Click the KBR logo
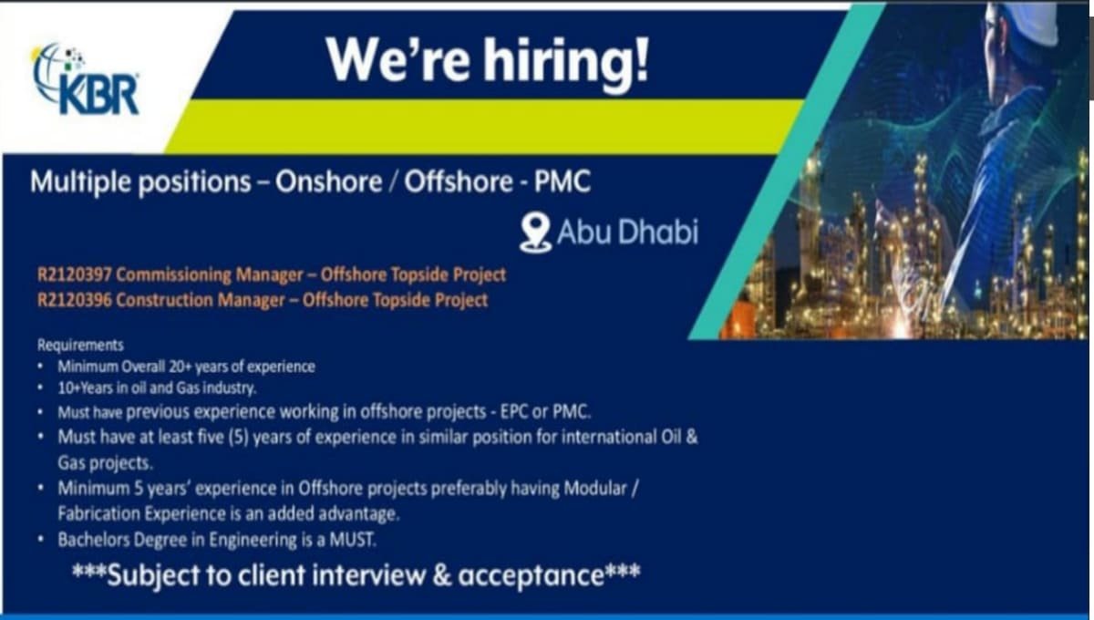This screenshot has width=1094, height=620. pyautogui.click(x=86, y=79)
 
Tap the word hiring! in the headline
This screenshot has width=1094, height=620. pyautogui.click(x=566, y=61)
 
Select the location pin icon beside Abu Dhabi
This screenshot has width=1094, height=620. pyautogui.click(x=535, y=233)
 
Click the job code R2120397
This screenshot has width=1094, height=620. pyautogui.click(x=74, y=275)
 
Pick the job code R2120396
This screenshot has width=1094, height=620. pyautogui.click(x=74, y=300)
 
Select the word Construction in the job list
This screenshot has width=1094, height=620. pyautogui.click(x=164, y=300)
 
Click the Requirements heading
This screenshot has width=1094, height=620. pyautogui.click(x=80, y=345)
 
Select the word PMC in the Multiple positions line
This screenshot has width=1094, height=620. pyautogui.click(x=562, y=181)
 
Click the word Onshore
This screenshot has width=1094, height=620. pyautogui.click(x=328, y=181)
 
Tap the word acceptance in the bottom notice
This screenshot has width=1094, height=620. pyautogui.click(x=531, y=576)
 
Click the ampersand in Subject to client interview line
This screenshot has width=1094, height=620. pyautogui.click(x=441, y=575)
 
